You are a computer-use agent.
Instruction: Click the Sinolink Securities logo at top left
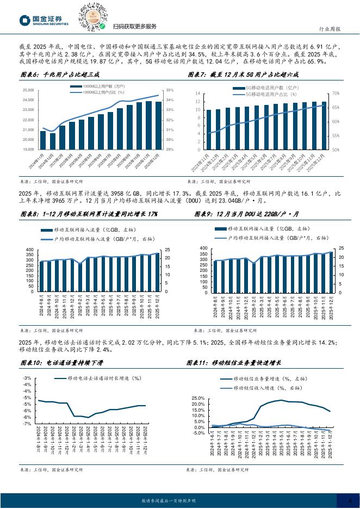pyautogui.click(x=44, y=21)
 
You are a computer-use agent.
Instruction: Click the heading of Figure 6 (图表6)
pyautogui.click(x=60, y=76)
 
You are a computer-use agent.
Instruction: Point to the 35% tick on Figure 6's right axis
pyautogui.click(x=170, y=90)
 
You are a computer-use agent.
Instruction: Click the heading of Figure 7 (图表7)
pyautogui.click(x=244, y=76)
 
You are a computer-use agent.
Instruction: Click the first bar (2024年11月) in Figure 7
pyautogui.click(x=208, y=129)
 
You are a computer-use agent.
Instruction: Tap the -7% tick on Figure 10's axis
pyautogui.click(x=27, y=423)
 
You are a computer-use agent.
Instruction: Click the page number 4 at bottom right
pyautogui.click(x=350, y=500)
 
